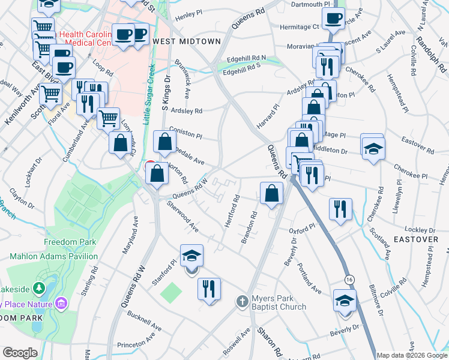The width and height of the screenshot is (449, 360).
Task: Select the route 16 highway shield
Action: click(x=349, y=280)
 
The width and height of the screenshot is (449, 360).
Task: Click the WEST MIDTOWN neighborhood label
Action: click(x=187, y=41)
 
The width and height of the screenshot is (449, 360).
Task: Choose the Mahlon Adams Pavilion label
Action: click(x=53, y=256)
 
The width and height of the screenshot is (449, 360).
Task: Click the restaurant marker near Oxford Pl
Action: click(x=340, y=210)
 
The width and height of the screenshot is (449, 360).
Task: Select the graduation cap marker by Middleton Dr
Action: click(x=373, y=148)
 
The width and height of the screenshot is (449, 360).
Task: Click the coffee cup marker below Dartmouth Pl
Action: click(x=333, y=17)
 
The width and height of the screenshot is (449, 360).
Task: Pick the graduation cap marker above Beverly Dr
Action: click(x=345, y=301)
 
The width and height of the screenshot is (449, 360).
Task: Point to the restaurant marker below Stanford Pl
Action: click(x=209, y=289)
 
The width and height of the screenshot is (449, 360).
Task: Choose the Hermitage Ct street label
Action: click(x=298, y=27)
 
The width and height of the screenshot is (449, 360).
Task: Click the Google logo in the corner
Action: click(x=20, y=353)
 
